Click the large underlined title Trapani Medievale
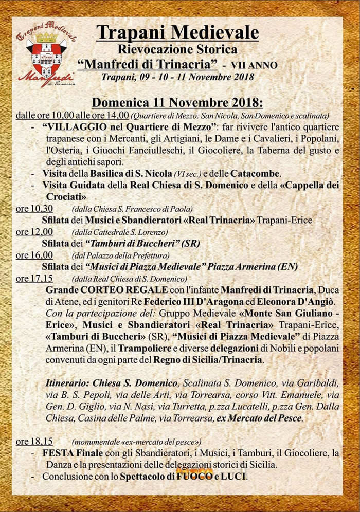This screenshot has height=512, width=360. click(x=177, y=32)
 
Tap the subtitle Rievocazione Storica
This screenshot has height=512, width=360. click(x=177, y=50)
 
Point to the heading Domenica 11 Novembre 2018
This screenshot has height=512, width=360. click(x=177, y=102)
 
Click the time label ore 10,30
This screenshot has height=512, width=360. click(x=34, y=208)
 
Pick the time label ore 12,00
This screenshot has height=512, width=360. click(x=34, y=231)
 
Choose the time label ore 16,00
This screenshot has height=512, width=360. click(x=34, y=255)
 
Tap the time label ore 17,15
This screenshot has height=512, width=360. click(x=34, y=278)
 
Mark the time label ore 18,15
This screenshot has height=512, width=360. click(x=34, y=441)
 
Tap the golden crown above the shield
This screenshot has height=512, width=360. click(x=46, y=38)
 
